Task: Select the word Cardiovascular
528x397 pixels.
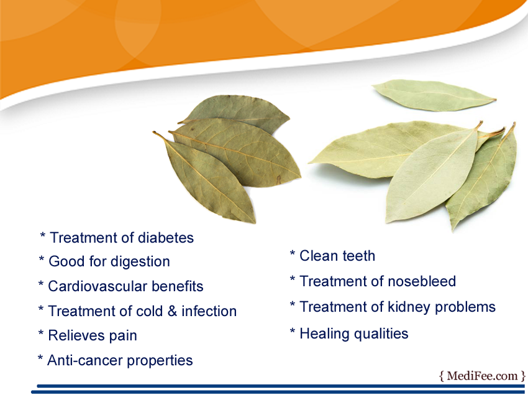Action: [98, 286]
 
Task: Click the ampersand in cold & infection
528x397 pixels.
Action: [172, 311]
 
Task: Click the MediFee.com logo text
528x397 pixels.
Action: [482, 376]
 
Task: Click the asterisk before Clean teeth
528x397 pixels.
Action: [293, 253]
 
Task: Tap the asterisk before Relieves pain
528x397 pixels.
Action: [41, 333]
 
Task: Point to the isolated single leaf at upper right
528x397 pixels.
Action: [434, 95]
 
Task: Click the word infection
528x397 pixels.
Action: [209, 311]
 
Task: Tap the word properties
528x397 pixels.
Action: [160, 361]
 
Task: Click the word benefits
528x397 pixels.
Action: [178, 286]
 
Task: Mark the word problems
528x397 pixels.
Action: [465, 307]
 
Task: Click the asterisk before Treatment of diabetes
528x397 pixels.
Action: [42, 235]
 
